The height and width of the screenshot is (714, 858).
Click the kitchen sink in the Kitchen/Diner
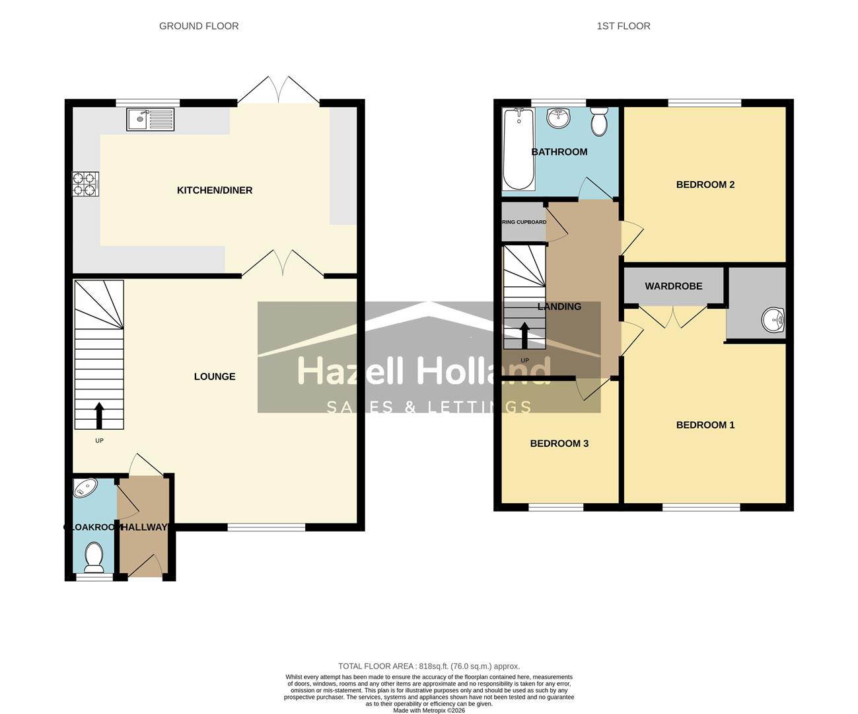pos(150,120)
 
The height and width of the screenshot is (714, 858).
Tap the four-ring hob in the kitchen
pos(85,184)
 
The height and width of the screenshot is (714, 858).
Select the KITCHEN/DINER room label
pos(215,190)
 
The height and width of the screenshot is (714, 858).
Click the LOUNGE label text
pos(215,377)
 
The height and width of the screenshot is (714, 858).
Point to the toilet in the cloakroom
pos(94,558)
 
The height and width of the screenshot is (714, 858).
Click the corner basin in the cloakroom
pos(84,489)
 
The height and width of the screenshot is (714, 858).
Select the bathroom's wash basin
pos(559,119)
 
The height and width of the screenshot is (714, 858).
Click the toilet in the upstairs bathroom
pos(599,121)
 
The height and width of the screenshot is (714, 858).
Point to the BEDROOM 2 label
pos(705,184)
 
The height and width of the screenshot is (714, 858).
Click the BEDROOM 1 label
pos(705,425)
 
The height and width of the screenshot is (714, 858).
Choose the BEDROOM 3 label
pos(559,444)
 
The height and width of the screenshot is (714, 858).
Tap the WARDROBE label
pos(674,286)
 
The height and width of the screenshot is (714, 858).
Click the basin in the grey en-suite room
pos(773,321)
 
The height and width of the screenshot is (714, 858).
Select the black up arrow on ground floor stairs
pos(99,415)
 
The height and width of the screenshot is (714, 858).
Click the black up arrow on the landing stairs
pos(524,335)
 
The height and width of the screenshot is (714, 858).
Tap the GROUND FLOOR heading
pos(199,26)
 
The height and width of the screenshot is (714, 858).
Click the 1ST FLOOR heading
pos(624,26)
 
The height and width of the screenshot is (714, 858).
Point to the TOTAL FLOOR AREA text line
pos(429,666)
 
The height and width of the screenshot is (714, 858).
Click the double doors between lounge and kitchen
pos(283,264)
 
